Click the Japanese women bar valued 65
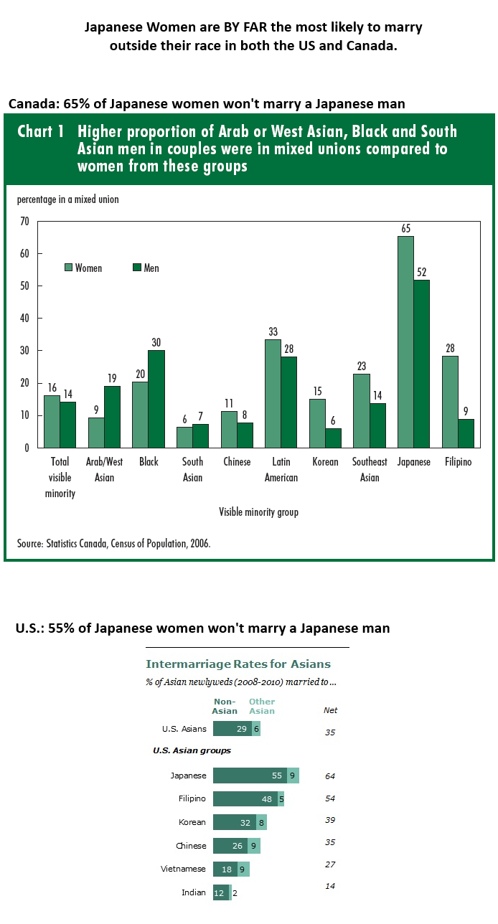click(405, 341)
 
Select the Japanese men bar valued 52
click(421, 364)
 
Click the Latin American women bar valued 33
click(273, 394)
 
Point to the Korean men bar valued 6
click(333, 438)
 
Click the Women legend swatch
click(69, 268)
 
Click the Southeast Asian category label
click(370, 469)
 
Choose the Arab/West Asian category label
click(104, 469)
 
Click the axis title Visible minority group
click(258, 512)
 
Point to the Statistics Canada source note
click(113, 543)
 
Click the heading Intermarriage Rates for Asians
click(238, 664)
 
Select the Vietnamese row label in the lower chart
click(183, 869)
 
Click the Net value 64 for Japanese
click(330, 776)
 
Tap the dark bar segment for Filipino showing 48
click(245, 799)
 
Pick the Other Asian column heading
click(262, 706)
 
